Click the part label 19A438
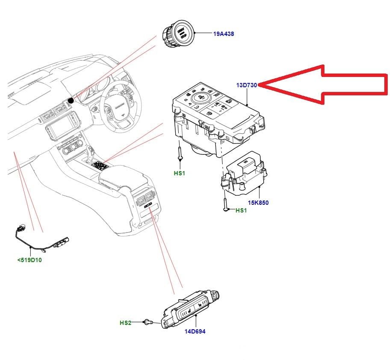[x=224, y=33]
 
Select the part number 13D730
[x=247, y=85]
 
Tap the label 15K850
[x=258, y=203]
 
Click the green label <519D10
[x=29, y=260]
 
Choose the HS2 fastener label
[x=125, y=322]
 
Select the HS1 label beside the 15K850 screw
[x=242, y=210]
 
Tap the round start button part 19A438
[x=177, y=34]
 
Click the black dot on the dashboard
[x=71, y=100]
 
